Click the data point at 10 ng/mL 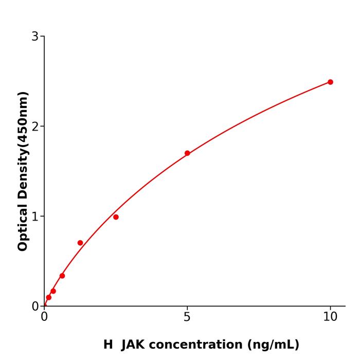(330, 82)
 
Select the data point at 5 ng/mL (187, 153)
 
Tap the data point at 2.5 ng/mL (116, 217)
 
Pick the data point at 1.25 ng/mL (80, 243)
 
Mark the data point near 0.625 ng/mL (62, 276)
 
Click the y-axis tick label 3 (35, 37)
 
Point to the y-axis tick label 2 (35, 127)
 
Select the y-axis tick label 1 (35, 217)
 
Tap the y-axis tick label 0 (35, 307)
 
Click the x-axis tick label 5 (187, 317)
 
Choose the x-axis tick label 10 (330, 317)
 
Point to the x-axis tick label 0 (44, 317)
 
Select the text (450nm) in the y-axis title (23, 119)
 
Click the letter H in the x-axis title (108, 345)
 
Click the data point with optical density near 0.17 (53, 291)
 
